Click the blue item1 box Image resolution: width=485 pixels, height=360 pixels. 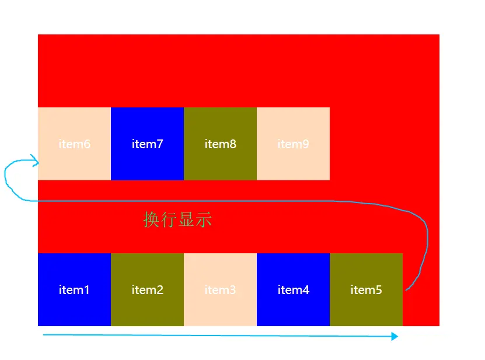[x=74, y=303]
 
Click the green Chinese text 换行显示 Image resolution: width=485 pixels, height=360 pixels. [x=177, y=219]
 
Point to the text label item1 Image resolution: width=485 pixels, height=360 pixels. [x=74, y=289]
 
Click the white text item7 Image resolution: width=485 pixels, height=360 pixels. [x=147, y=144]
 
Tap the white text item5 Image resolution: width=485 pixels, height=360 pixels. [x=366, y=289]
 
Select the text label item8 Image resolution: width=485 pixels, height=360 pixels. [x=220, y=144]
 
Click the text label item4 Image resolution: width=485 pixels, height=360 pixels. [x=293, y=289]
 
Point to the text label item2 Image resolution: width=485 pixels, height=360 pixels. [x=147, y=289]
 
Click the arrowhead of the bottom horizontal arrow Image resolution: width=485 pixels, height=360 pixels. [x=395, y=337]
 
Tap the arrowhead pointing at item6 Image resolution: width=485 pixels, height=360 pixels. [x=36, y=160]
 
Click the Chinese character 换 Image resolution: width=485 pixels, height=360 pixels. [x=151, y=219]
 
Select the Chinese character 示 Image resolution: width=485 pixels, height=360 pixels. [x=204, y=219]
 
